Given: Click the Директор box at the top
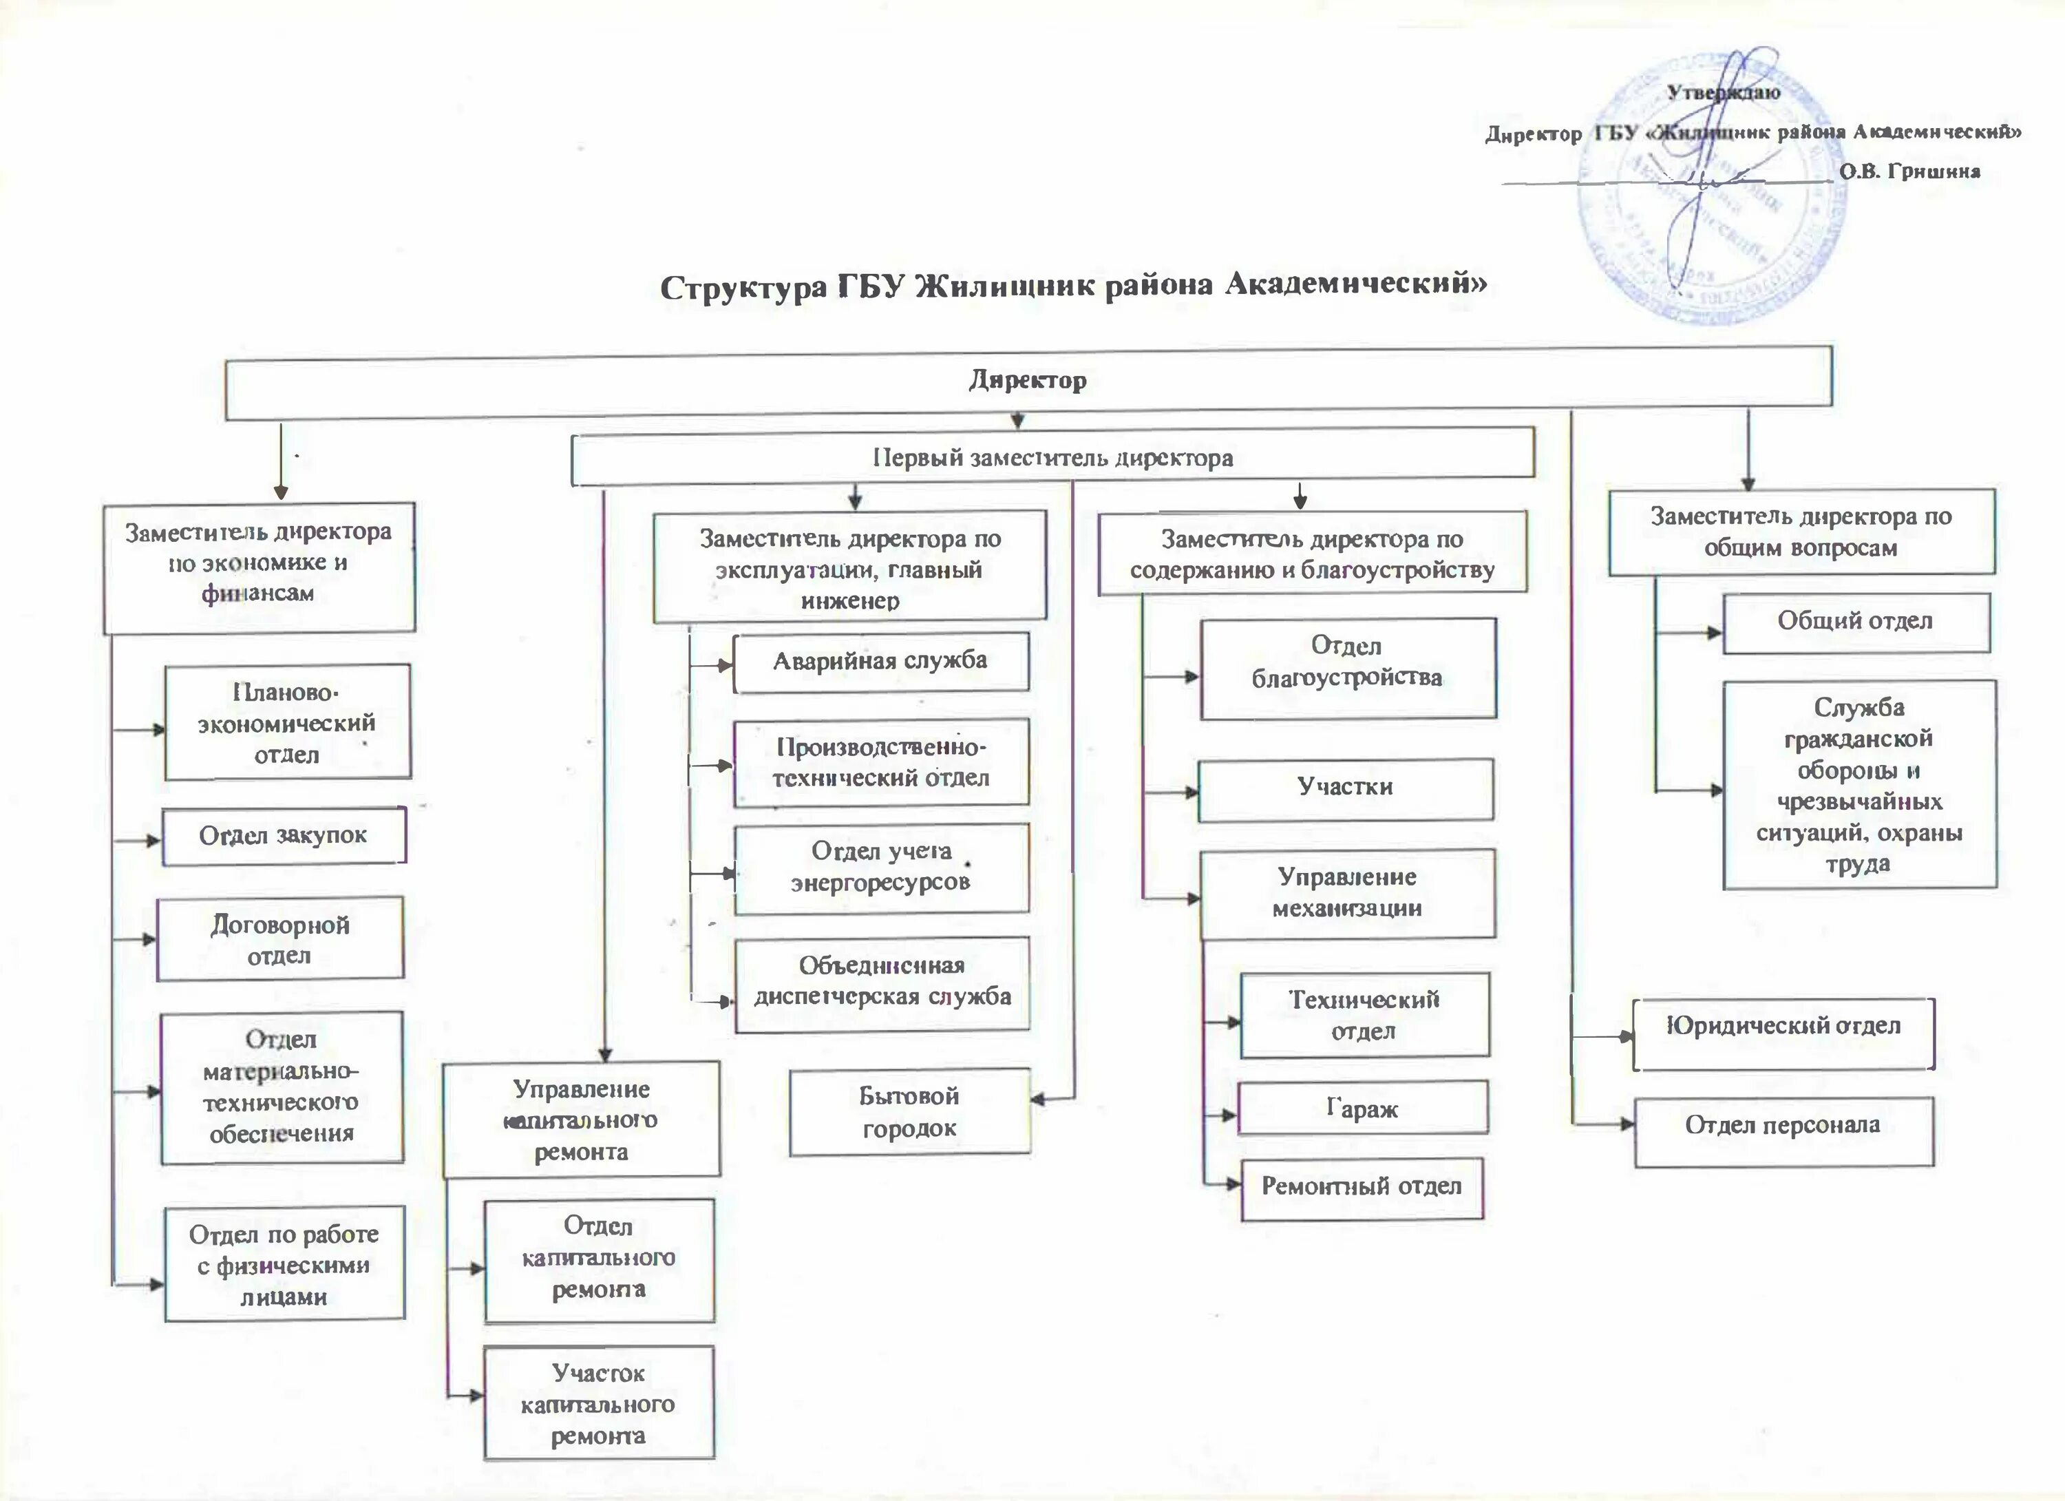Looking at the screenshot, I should coord(1027,381).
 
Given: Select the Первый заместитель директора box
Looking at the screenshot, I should coord(1052,458).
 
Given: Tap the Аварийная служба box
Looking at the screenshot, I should coord(880,661).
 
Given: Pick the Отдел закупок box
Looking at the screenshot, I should coord(283,835).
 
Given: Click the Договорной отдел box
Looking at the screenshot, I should coord(279,939).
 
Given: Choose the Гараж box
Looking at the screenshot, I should coord(1362,1108).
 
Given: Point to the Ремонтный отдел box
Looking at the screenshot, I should coord(1362,1187).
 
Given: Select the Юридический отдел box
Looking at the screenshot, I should coord(1783,1027).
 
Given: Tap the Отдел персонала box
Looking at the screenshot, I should coord(1783,1125).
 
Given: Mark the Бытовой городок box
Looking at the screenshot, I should coord(909,1112).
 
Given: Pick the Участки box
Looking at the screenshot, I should coord(1345,788).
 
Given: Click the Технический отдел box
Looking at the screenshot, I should coord(1364,1015).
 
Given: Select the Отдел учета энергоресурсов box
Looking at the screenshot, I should coord(880,867).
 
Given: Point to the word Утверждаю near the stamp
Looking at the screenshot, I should coord(1724,92).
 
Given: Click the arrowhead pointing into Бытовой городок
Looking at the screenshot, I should coord(1037,1100).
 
